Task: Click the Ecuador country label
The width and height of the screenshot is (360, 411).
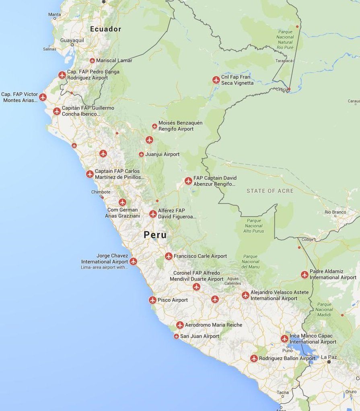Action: [x=105, y=29]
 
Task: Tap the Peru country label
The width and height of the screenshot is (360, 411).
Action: [x=155, y=235]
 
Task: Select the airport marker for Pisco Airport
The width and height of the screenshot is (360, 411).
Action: [x=152, y=300]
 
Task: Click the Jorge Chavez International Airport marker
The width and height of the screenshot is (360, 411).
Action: [x=133, y=261]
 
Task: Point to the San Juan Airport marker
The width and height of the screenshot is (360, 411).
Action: [x=176, y=336]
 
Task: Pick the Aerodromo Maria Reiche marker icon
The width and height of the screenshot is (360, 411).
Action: [x=180, y=325]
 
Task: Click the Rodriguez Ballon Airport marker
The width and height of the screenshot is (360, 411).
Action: [x=254, y=358]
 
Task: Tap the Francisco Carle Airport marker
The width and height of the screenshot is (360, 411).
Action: [x=169, y=256]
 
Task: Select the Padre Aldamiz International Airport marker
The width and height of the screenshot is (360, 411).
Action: [x=304, y=275]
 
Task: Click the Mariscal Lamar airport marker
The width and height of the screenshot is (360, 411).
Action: [x=92, y=60]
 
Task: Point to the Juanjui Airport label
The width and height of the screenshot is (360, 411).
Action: [x=162, y=155]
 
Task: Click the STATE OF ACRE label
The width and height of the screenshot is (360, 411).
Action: [x=270, y=191]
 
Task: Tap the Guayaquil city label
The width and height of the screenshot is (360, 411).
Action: [x=72, y=40]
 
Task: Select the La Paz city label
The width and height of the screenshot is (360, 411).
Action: [x=329, y=357]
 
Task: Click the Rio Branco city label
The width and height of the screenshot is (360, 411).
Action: [x=335, y=212]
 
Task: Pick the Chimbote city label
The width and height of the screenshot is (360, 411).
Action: [x=101, y=192]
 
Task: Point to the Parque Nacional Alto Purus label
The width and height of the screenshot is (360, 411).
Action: [x=253, y=226]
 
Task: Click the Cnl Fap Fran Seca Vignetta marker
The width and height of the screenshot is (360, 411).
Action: [x=216, y=80]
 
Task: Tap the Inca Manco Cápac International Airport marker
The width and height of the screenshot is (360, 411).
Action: [x=284, y=339]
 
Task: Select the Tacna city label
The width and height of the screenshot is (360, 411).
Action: [x=282, y=392]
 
